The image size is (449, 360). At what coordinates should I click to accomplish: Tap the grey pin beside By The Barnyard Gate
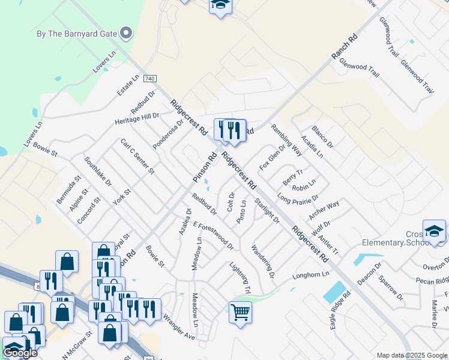pos(126,33)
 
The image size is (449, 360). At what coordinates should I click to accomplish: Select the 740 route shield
pos(150,79)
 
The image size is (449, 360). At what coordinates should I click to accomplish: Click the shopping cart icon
pos(240,311)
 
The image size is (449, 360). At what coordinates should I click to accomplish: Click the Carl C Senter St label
pos(137,157)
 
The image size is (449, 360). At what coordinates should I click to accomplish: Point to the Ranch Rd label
pos(344,47)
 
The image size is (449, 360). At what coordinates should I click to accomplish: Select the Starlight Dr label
pos(267,211)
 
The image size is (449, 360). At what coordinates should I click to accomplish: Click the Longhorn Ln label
pos(312,275)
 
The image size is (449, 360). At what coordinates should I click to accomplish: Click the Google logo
pos(20,353)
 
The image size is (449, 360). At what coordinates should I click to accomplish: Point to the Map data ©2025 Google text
pos(412,355)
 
